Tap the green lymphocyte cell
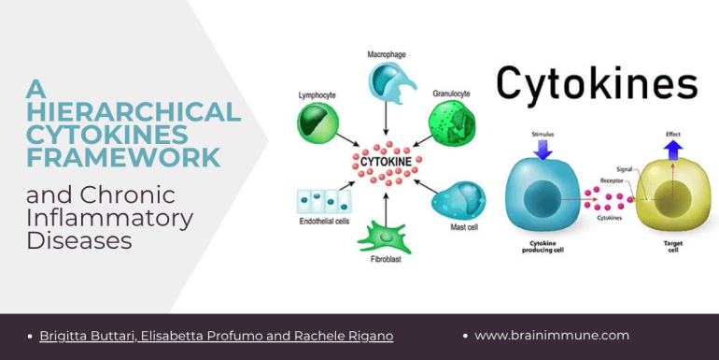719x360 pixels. [x=317, y=122]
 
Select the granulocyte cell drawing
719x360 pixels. [x=452, y=122]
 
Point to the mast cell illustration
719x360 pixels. [x=459, y=202]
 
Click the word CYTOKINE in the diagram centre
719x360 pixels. [x=386, y=162]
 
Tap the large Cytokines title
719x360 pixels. [x=597, y=83]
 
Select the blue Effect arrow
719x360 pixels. [x=673, y=150]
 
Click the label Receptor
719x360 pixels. [x=612, y=180]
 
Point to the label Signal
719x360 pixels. [x=624, y=169]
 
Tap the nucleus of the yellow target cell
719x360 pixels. [x=671, y=199]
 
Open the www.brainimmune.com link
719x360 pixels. [x=552, y=336]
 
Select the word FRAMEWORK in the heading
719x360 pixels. [x=123, y=157]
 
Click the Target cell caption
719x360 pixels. [x=673, y=247]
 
